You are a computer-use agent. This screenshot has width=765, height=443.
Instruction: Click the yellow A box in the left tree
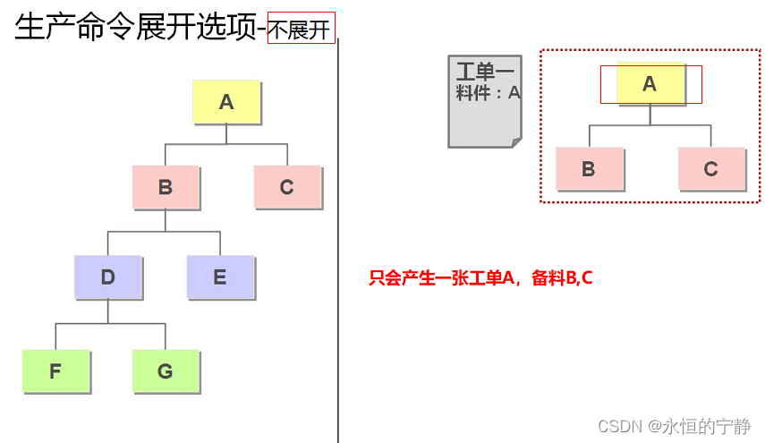point(226,102)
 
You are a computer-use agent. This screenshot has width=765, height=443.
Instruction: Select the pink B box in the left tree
point(166,187)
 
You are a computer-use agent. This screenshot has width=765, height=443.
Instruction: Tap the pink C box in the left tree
point(287,187)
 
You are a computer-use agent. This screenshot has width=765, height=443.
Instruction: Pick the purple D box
point(107,277)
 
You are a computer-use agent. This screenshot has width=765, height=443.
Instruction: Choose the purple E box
point(220,277)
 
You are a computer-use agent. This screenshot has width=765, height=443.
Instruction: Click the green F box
point(55,371)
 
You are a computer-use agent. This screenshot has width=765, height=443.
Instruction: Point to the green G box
point(166,371)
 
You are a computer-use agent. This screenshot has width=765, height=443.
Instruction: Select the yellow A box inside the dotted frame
point(650,84)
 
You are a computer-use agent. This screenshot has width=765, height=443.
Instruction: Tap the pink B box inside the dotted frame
point(589,169)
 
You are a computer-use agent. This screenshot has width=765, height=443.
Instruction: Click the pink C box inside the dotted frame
point(711,169)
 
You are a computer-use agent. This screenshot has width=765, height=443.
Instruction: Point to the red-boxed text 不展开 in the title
point(301,30)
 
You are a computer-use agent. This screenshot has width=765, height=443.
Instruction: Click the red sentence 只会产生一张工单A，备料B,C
point(480,278)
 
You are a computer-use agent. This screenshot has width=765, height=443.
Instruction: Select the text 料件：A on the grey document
point(488,92)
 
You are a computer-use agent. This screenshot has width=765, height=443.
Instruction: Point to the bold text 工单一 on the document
point(485,72)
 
